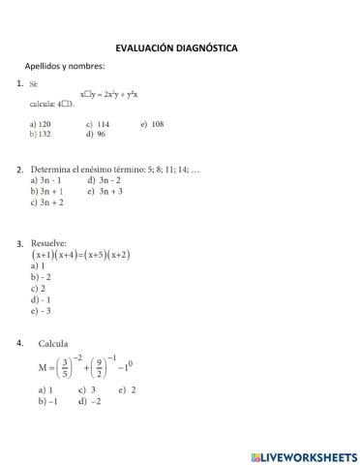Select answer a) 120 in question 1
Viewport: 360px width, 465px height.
(x=41, y=124)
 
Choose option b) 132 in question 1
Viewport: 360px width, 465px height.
(x=41, y=134)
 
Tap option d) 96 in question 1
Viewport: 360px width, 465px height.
(x=95, y=134)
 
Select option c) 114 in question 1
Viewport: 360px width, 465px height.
(x=98, y=124)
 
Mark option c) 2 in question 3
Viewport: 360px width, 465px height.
(x=38, y=288)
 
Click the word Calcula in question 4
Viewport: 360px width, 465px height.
(x=53, y=344)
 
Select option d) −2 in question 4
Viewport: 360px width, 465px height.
(x=90, y=400)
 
